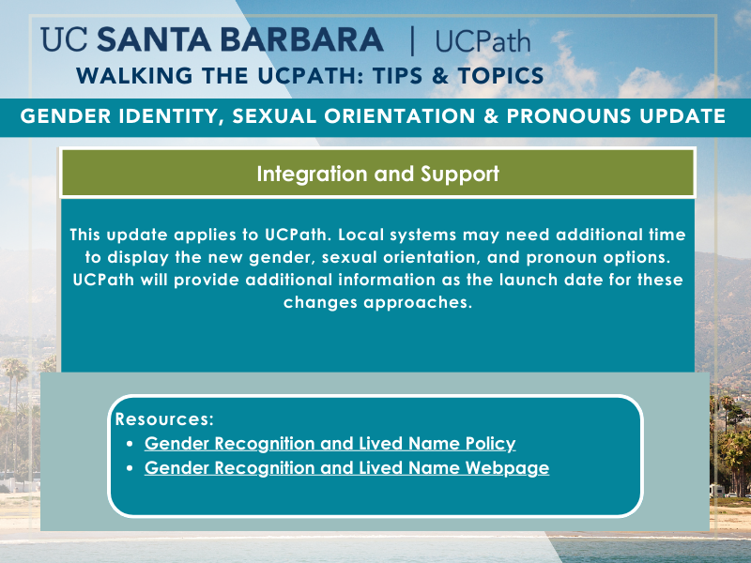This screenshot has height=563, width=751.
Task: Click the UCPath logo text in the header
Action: click(x=483, y=41)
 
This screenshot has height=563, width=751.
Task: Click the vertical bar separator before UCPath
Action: click(x=412, y=41)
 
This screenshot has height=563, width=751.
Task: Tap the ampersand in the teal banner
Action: click(x=491, y=116)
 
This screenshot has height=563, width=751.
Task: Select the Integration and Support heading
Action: click(x=378, y=174)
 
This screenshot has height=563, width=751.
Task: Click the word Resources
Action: click(x=164, y=418)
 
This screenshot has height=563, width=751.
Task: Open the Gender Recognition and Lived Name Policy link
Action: click(x=330, y=443)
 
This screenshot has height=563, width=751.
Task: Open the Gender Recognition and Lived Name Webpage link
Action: click(x=346, y=467)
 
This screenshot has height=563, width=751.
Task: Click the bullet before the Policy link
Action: click(x=130, y=444)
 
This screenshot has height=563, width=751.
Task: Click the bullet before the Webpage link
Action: click(x=130, y=468)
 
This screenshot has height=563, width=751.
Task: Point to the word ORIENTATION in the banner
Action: click(x=400, y=116)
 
